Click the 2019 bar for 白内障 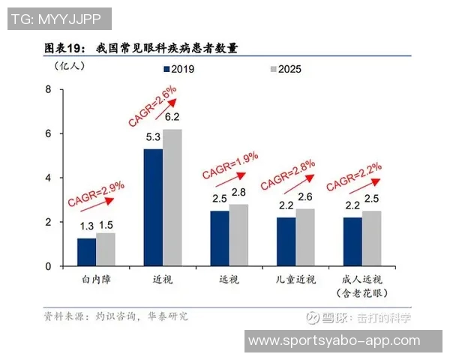point(86,252)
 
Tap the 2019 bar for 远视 point(220,238)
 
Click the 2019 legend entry point(178,70)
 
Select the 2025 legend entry point(285,70)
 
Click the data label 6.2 point(172,117)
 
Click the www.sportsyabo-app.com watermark point(334,340)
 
